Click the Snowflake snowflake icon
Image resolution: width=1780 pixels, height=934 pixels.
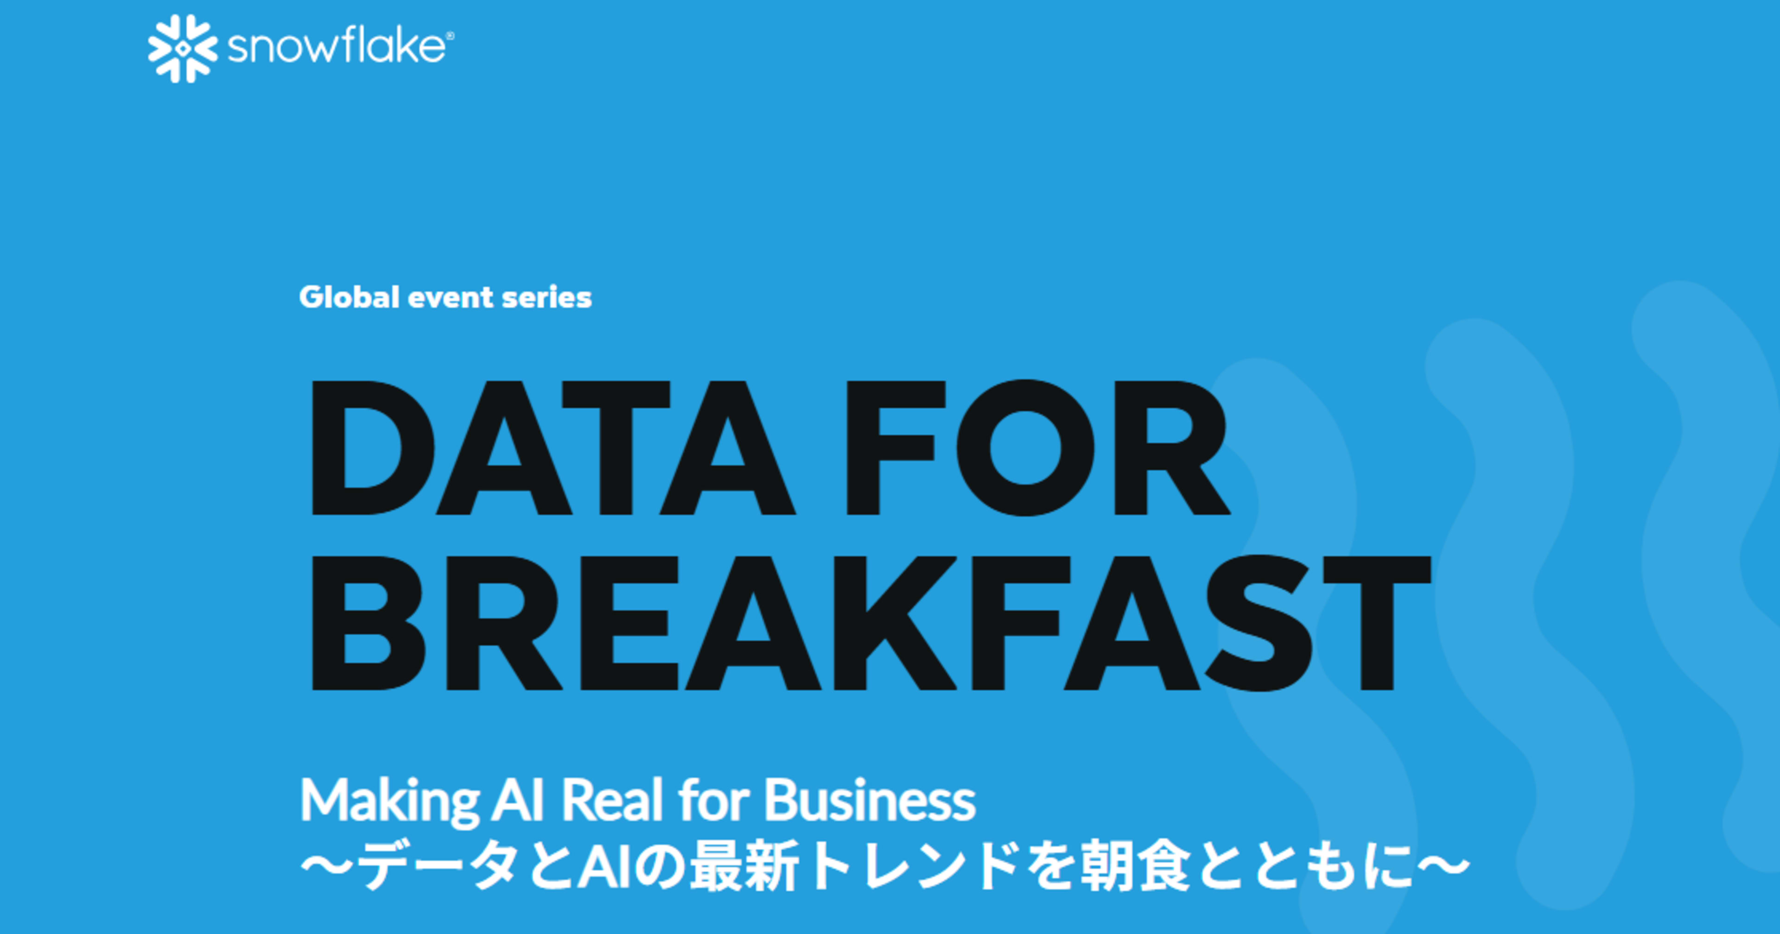(x=183, y=48)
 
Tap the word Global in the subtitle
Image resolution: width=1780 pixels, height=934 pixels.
(x=349, y=298)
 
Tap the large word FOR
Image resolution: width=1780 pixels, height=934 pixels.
(x=1036, y=448)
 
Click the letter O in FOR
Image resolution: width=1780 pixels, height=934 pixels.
(x=1025, y=448)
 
